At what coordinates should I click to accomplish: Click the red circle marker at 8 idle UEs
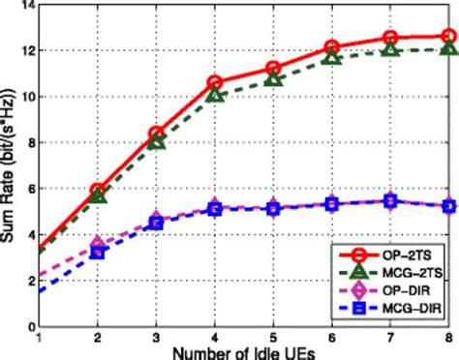point(448,37)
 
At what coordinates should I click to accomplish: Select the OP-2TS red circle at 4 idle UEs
point(215,83)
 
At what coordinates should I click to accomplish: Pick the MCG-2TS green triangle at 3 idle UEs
point(157,142)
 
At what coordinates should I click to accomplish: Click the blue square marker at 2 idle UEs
point(98,252)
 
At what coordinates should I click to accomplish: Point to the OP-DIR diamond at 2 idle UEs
point(98,244)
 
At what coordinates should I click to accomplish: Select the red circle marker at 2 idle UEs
point(98,192)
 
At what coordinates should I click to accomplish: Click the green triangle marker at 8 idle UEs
point(448,48)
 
